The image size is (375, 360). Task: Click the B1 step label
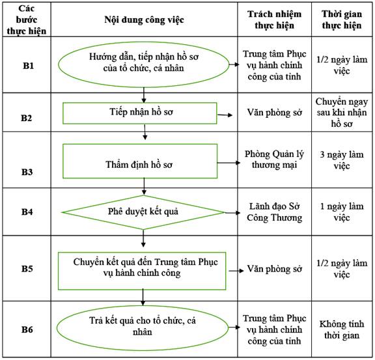point(28,66)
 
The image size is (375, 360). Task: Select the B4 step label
point(27,212)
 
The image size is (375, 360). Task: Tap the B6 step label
point(27,329)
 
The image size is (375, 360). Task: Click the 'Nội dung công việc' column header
point(145,20)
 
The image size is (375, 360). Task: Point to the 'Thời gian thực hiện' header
point(342,20)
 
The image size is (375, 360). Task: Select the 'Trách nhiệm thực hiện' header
point(274,20)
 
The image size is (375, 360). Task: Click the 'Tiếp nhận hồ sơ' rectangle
point(140,113)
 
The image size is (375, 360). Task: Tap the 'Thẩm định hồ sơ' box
point(140,161)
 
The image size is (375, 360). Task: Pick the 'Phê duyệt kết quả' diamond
point(143,212)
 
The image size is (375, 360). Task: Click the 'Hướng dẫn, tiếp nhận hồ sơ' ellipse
point(143,64)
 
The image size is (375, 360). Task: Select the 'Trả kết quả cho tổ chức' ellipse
point(143,327)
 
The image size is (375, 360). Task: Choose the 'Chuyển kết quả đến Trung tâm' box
point(142,271)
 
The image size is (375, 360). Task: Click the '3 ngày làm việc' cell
point(342,160)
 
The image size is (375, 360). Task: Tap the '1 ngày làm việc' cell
point(342,212)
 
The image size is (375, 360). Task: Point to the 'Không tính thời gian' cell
point(342,329)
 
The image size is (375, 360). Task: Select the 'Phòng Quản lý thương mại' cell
point(274,159)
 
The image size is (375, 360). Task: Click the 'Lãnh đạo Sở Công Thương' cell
point(274,212)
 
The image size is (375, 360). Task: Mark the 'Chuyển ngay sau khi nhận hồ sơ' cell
point(342,113)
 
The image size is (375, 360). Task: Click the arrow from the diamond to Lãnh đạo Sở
point(232,213)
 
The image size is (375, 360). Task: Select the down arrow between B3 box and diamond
point(144,187)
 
